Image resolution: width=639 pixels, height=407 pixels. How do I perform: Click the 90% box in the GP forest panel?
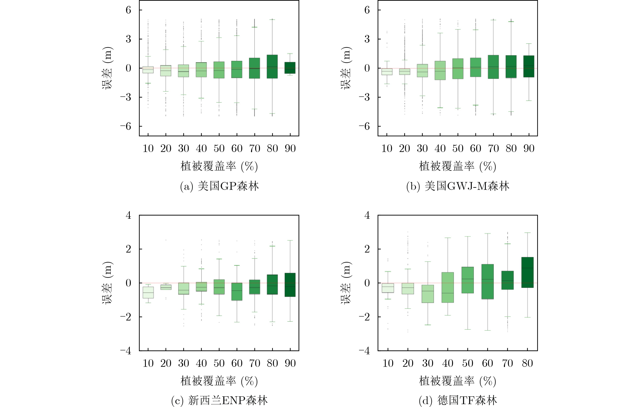click(x=290, y=68)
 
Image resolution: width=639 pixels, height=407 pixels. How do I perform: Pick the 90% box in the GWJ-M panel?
click(x=529, y=66)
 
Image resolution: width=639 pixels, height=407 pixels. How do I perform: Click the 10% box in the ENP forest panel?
click(x=148, y=292)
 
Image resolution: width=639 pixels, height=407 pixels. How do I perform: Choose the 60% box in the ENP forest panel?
click(x=237, y=292)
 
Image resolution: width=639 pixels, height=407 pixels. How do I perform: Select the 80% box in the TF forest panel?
click(x=527, y=272)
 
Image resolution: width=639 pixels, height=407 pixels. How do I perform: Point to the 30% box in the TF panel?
click(x=428, y=294)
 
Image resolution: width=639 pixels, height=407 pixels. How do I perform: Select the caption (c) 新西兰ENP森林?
click(x=219, y=400)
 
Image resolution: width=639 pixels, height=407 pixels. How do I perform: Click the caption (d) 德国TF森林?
click(x=458, y=400)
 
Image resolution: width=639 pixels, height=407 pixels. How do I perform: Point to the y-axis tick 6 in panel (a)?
click(x=128, y=10)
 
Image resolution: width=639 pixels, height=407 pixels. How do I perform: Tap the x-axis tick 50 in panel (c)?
click(x=219, y=363)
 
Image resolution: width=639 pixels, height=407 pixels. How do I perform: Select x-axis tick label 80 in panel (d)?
click(x=527, y=363)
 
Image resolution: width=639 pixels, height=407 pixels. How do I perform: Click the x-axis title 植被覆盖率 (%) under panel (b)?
click(x=457, y=166)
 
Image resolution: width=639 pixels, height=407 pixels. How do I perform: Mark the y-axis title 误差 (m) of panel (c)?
click(x=108, y=283)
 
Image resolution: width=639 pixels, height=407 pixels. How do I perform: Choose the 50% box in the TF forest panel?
click(x=468, y=280)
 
